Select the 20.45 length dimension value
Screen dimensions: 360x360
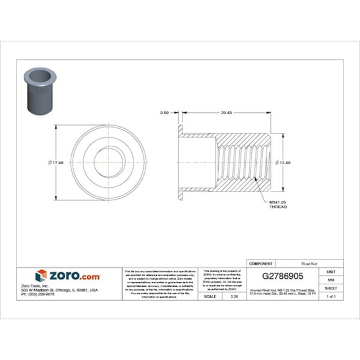click(226, 113)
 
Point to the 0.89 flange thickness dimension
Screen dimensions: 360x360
click(164, 113)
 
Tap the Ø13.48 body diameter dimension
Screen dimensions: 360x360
click(284, 162)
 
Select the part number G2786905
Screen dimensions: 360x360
click(283, 275)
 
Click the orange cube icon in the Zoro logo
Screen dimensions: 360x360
click(41, 276)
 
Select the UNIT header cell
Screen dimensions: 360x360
click(331, 271)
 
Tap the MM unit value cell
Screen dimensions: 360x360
click(331, 279)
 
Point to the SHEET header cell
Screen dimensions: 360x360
click(331, 287)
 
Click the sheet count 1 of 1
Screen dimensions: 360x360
click(331, 296)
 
